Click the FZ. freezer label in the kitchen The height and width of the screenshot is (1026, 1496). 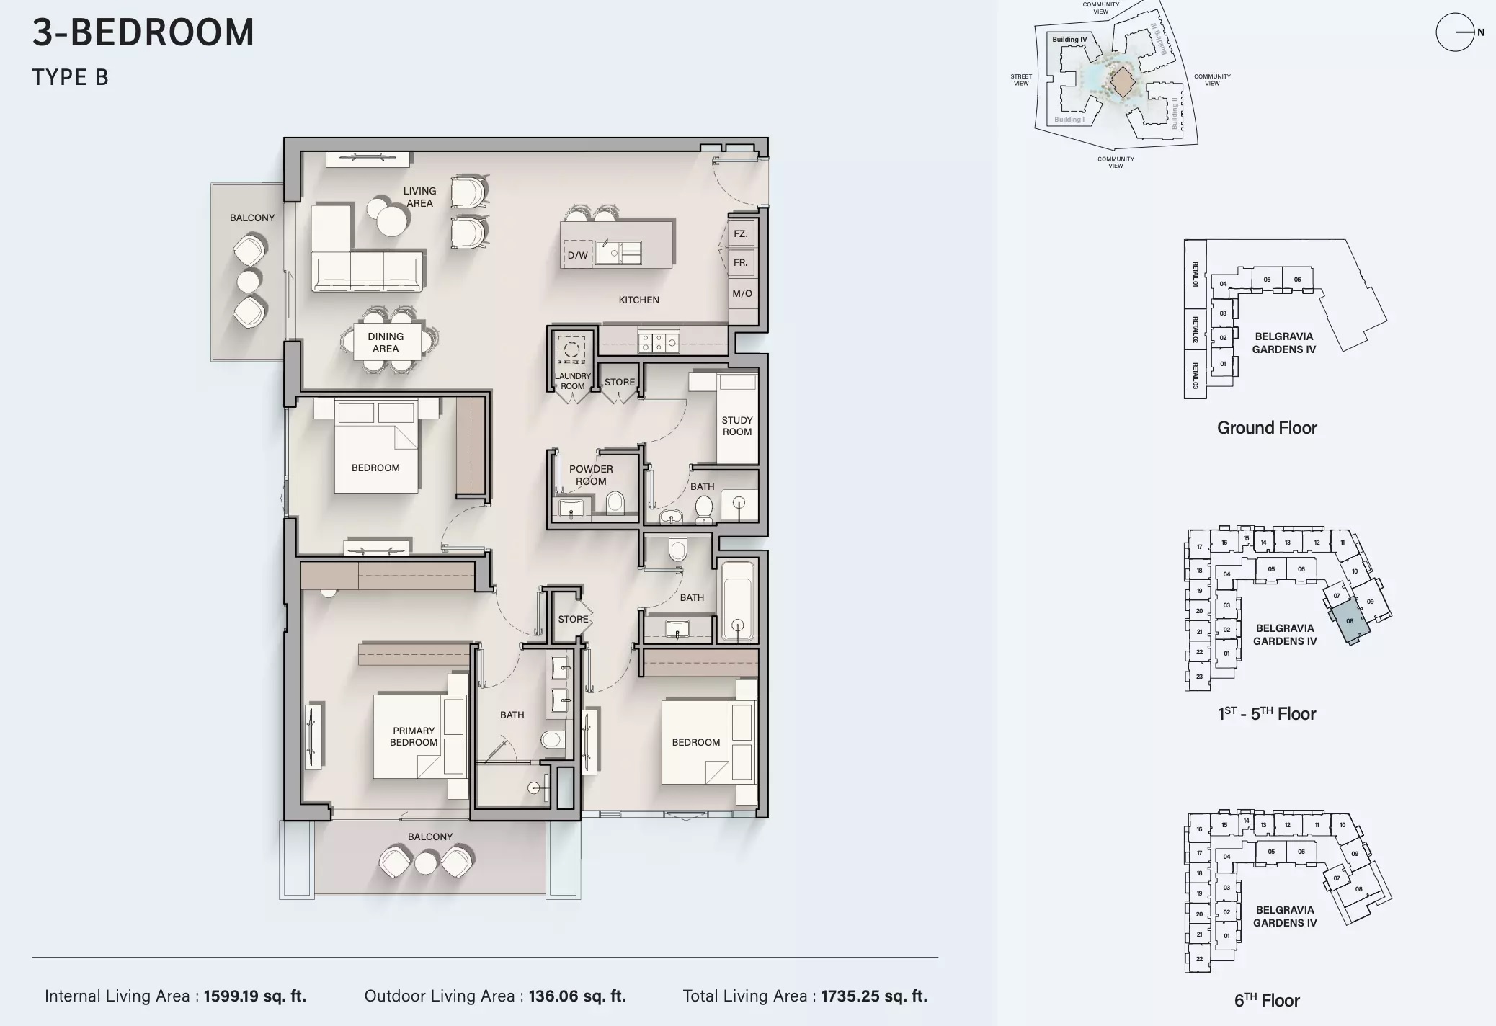741,234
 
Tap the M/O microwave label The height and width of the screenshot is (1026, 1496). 742,294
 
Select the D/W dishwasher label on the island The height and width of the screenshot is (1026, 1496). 577,255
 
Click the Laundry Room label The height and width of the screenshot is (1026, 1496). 572,381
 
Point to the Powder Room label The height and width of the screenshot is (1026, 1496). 591,475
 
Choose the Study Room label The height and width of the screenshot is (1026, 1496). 736,426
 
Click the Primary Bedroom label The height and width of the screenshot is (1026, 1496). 414,736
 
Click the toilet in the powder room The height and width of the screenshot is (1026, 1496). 615,502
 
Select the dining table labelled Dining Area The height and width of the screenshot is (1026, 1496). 386,342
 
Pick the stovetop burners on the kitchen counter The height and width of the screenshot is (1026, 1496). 658,342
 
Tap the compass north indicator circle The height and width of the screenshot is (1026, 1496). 1454,32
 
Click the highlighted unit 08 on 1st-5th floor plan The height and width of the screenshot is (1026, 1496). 1350,620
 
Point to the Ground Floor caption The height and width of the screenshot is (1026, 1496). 1267,428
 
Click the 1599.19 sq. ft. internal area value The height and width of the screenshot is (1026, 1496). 255,996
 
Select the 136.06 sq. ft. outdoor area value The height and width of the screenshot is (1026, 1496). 577,996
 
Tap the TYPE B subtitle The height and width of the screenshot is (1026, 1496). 70,77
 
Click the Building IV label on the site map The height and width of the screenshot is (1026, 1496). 1069,40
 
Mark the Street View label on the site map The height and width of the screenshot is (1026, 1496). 1021,80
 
